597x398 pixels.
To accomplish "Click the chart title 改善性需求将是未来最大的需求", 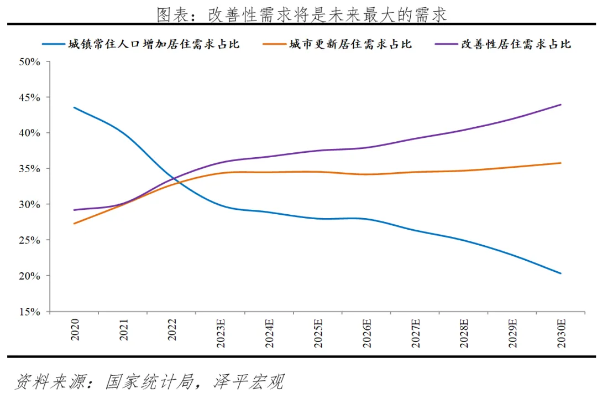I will [x=301, y=14].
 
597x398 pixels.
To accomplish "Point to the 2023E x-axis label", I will [x=220, y=332].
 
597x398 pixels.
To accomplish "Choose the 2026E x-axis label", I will [x=366, y=332].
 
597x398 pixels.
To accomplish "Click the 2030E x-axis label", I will [x=561, y=332].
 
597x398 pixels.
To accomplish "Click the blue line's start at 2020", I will [x=74, y=107].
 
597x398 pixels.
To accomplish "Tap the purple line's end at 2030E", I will [x=561, y=105].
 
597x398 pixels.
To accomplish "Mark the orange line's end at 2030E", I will [x=561, y=163].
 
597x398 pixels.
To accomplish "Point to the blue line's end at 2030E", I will [x=561, y=273].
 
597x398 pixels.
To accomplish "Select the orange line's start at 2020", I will [x=74, y=224].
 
